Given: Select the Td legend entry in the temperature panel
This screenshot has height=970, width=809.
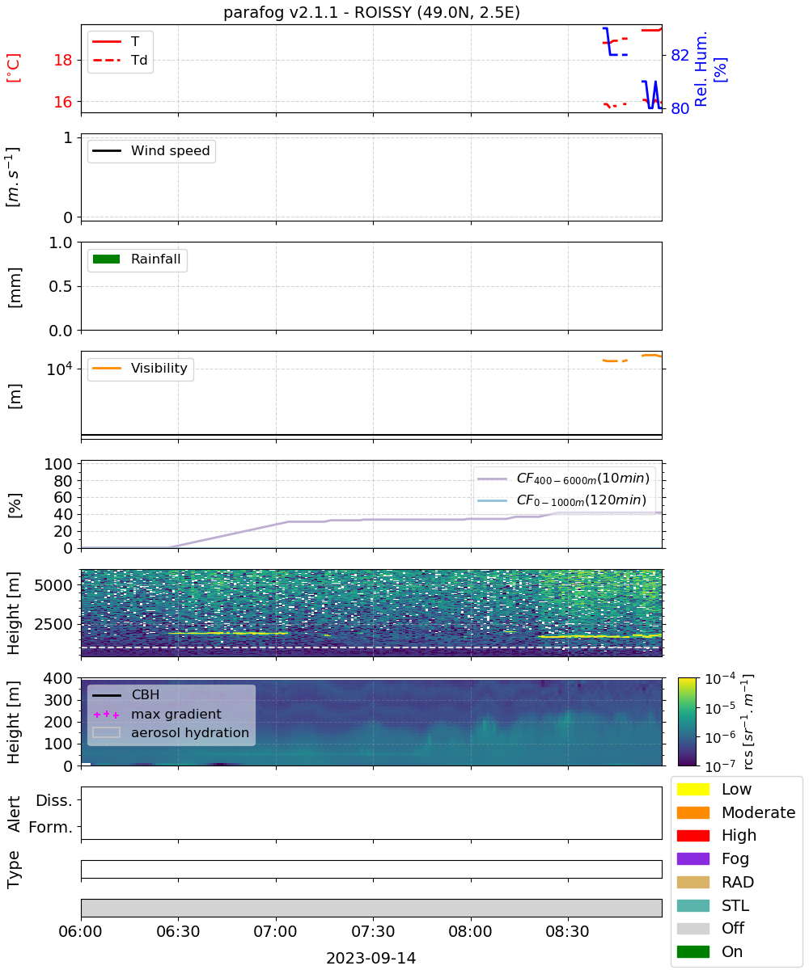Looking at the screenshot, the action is pyautogui.click(x=120, y=60).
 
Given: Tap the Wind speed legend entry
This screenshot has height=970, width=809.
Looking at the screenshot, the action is pyautogui.click(x=151, y=150).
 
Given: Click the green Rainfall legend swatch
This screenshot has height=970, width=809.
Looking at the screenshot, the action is pyautogui.click(x=107, y=259).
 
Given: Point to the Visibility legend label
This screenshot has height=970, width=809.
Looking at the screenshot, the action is pyautogui.click(x=159, y=368).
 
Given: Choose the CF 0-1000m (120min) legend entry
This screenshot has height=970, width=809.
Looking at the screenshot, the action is pyautogui.click(x=562, y=500).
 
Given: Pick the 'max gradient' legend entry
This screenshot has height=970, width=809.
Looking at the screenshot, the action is pyautogui.click(x=158, y=714).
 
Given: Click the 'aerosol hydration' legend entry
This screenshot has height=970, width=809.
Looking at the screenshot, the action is pyautogui.click(x=171, y=732).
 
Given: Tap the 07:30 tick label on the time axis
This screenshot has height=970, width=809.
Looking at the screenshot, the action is pyautogui.click(x=373, y=931).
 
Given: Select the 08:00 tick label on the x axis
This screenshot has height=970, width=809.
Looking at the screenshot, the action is pyautogui.click(x=470, y=931).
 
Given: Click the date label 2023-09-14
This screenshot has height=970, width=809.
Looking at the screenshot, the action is pyautogui.click(x=371, y=958).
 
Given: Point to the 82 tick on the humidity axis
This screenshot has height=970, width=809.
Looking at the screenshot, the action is pyautogui.click(x=680, y=55).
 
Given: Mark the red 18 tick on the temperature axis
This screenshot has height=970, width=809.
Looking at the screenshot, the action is pyautogui.click(x=63, y=60).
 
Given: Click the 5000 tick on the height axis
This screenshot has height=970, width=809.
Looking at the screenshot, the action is pyautogui.click(x=53, y=585).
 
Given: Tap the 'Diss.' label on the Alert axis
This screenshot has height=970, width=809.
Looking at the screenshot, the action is pyautogui.click(x=54, y=800).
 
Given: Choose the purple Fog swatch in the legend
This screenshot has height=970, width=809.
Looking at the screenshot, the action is pyautogui.click(x=693, y=858).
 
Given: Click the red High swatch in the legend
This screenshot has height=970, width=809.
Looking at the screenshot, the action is pyautogui.click(x=693, y=835).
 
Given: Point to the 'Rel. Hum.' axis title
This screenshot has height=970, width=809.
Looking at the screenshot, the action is pyautogui.click(x=701, y=69).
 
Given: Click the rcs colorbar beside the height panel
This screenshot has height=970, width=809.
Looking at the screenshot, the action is pyautogui.click(x=687, y=722).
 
